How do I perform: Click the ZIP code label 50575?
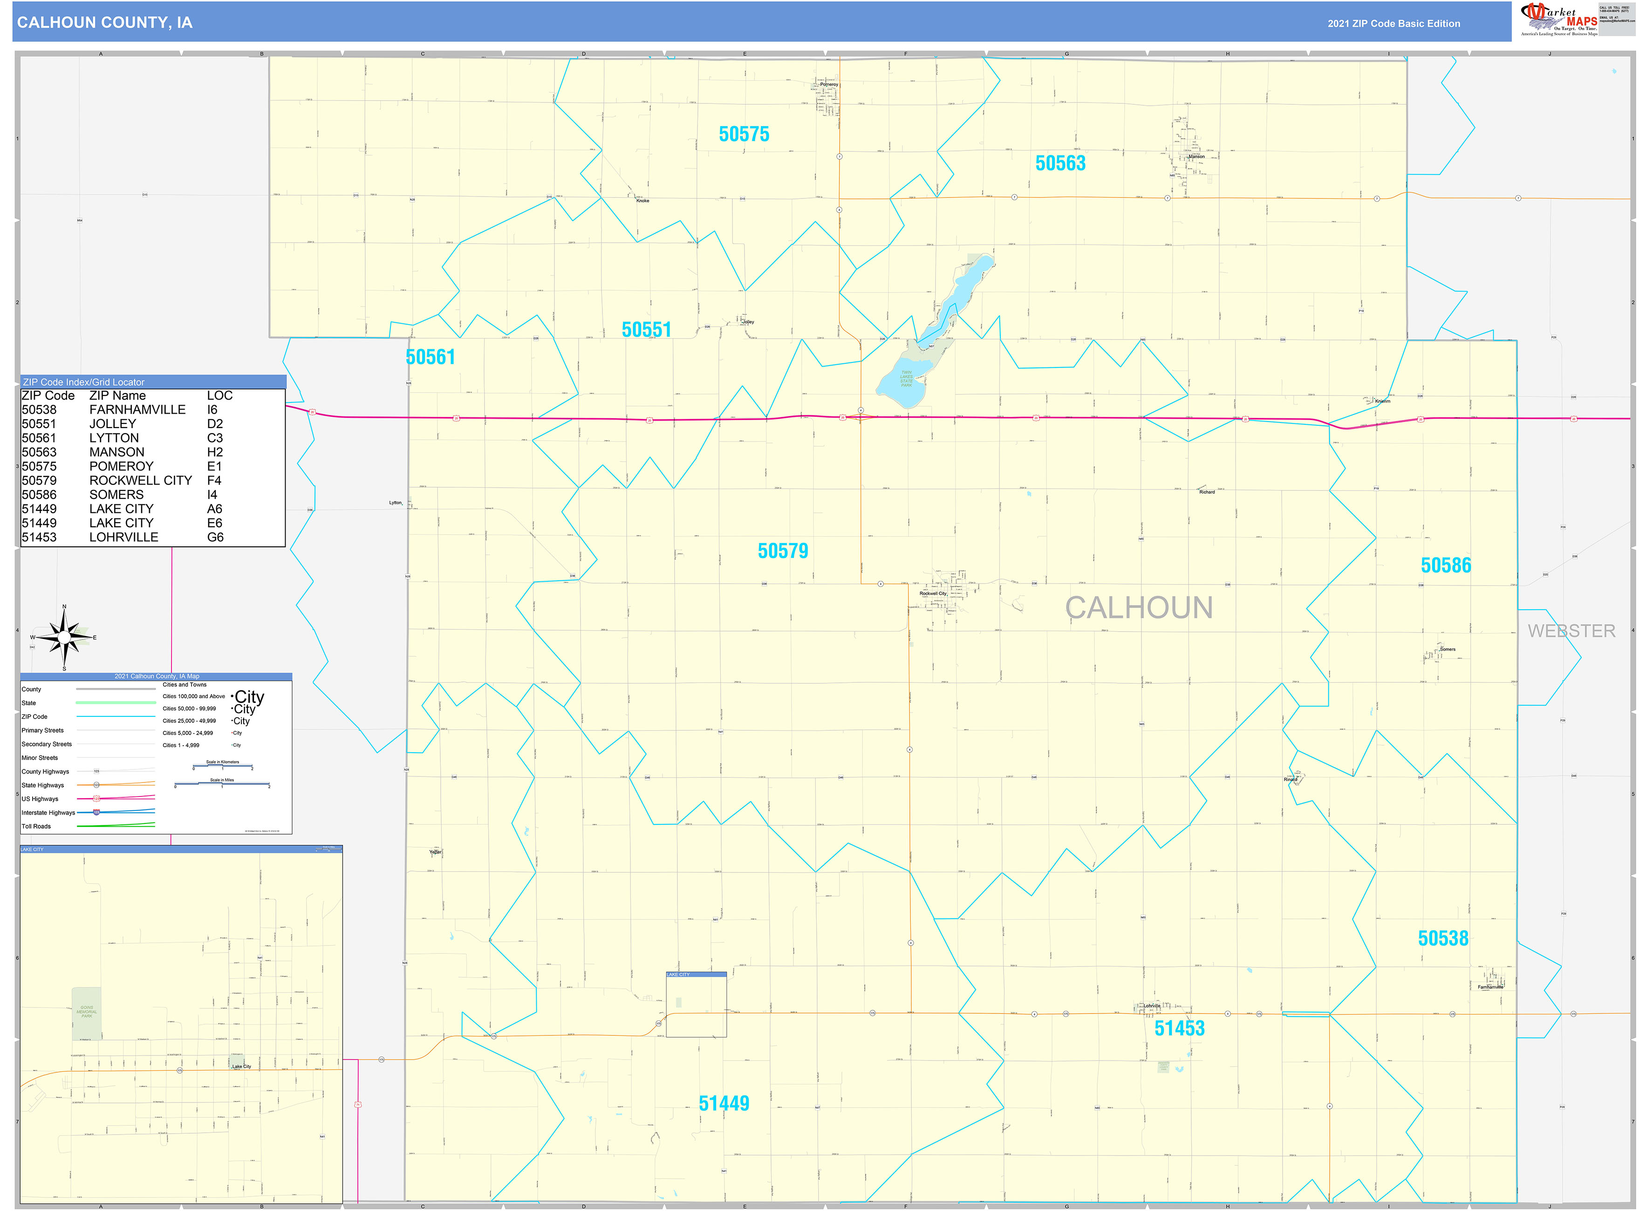744,134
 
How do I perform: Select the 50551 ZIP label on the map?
646,330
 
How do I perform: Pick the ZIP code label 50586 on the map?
1445,565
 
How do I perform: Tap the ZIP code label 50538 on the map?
1442,939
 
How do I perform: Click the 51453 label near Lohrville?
1179,1028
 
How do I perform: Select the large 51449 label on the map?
724,1103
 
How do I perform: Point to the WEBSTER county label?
1571,631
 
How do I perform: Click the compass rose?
64,638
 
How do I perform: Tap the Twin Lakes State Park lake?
906,381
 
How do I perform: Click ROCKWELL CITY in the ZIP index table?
140,481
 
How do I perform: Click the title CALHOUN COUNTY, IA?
105,23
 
